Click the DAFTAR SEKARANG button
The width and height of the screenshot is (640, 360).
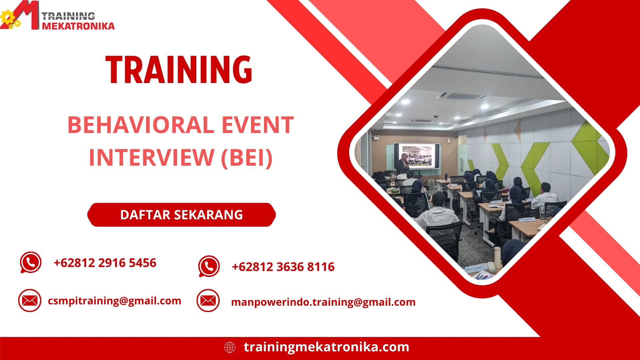[181, 215]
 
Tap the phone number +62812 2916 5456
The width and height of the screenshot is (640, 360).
[105, 263]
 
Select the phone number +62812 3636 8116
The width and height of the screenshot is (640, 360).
[283, 267]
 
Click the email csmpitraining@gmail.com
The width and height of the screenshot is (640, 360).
[114, 301]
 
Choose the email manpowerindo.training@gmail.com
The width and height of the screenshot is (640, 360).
[323, 302]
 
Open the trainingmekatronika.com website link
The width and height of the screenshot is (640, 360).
[326, 347]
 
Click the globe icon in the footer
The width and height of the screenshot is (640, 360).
[230, 347]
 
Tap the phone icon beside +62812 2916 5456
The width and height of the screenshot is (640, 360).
[31, 262]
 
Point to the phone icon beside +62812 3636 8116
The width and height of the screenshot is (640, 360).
[209, 266]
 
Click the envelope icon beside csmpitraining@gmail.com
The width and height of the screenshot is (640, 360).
[30, 300]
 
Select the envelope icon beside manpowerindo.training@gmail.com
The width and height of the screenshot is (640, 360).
[208, 301]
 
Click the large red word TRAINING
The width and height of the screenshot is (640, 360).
[179, 70]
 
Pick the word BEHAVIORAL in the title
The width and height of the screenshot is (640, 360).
[141, 125]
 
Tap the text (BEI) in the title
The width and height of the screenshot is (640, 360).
[247, 158]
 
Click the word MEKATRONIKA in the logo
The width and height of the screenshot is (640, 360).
[78, 26]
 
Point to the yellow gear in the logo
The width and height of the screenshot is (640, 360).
[7, 17]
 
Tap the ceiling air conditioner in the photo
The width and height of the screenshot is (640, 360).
[461, 96]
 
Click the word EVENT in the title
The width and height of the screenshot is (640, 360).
[257, 125]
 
